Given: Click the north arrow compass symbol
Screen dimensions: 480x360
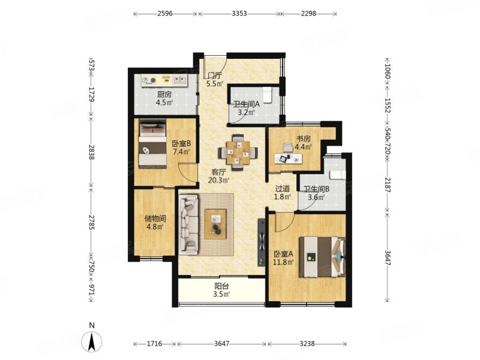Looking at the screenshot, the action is tap(92, 341).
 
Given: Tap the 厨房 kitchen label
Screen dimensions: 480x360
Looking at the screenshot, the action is tap(164, 94).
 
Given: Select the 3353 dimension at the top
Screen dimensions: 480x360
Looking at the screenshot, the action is tap(239, 13).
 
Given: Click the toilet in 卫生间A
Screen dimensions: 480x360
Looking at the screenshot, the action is tap(268, 95).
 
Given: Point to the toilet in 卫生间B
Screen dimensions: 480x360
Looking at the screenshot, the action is tap(337, 175).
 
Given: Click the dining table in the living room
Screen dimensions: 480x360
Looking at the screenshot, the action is tap(238, 152).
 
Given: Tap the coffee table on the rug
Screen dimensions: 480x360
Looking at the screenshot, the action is tap(215, 224).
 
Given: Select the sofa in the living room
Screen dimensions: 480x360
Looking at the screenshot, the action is tap(188, 225).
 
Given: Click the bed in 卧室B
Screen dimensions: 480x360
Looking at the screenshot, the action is tap(153, 144).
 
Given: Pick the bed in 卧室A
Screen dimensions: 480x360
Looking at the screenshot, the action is tap(322, 257).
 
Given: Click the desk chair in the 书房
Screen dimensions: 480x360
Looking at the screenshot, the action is tap(288, 147).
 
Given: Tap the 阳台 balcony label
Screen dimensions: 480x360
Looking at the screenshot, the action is tap(221, 286).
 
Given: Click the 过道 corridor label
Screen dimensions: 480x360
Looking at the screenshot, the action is tap(282, 189).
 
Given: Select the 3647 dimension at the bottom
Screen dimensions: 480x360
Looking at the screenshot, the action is tap(221, 344).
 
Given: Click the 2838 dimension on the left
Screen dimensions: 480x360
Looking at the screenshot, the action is tap(91, 151).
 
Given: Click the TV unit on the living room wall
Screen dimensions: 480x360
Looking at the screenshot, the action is tap(262, 242).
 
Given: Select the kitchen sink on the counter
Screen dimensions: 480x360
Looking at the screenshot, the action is tap(179, 80).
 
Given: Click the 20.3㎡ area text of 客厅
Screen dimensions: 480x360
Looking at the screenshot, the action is tap(218, 180).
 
